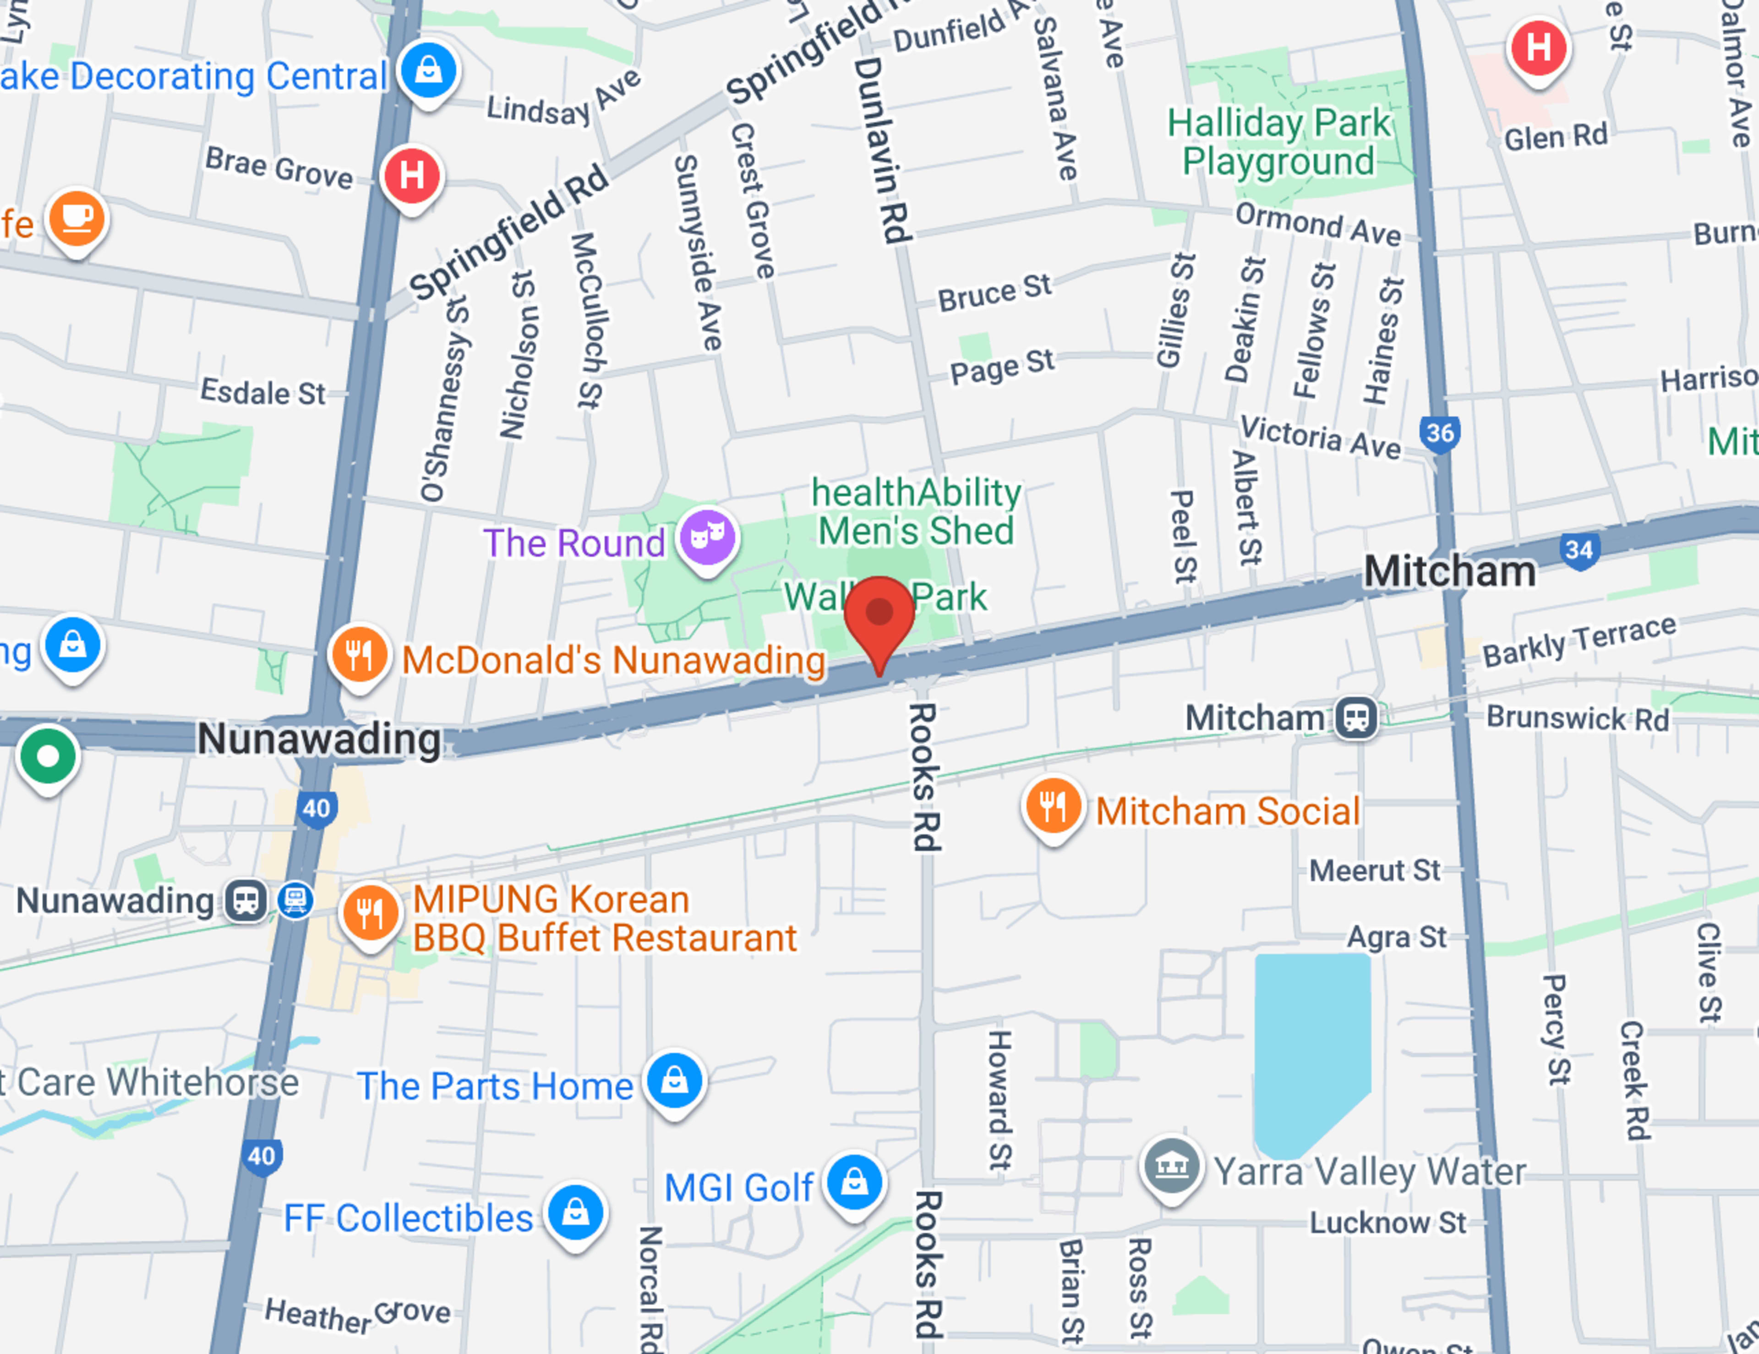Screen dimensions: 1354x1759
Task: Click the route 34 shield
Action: click(1579, 551)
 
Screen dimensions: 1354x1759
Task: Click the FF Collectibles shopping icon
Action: click(575, 1211)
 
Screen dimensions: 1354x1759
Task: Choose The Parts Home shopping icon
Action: click(675, 1080)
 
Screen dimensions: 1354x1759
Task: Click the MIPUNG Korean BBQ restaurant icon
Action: click(370, 913)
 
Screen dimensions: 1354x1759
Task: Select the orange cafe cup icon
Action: click(76, 218)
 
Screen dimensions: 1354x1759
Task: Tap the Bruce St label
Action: click(994, 292)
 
